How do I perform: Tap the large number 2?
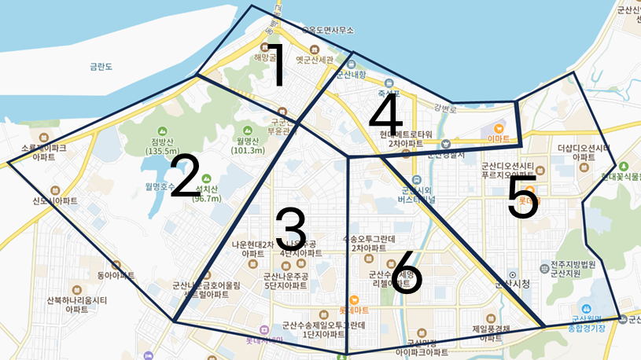click(x=184, y=176)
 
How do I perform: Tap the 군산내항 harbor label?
click(x=351, y=75)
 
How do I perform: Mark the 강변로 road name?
click(x=445, y=108)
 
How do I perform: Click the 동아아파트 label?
click(x=116, y=276)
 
